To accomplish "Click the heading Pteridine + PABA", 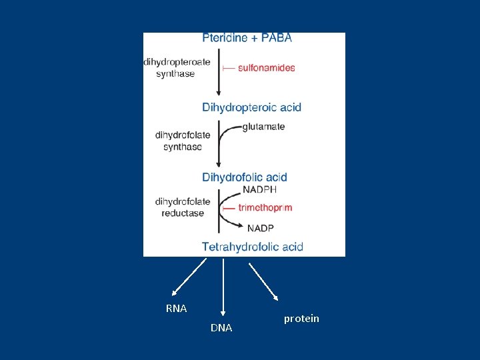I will coord(247,38).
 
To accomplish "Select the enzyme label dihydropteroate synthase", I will coord(177,68).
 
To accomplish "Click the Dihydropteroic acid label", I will coord(251,107).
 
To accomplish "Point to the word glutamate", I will coord(263,127).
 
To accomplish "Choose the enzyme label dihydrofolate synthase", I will coord(182,141).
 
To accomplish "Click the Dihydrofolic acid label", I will coord(245,177).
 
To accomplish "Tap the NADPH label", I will coord(259,189).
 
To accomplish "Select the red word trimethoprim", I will coord(266,208).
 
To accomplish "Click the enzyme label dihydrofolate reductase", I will coord(182,207).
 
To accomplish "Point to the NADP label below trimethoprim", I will coord(260,228).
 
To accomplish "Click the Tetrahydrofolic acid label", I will coord(253,247).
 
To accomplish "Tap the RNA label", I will coord(176,309).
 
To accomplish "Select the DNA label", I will coord(221,328).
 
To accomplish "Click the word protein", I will coord(301,319).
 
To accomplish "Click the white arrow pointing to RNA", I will coord(189,277).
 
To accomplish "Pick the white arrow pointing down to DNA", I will coord(223,287).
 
